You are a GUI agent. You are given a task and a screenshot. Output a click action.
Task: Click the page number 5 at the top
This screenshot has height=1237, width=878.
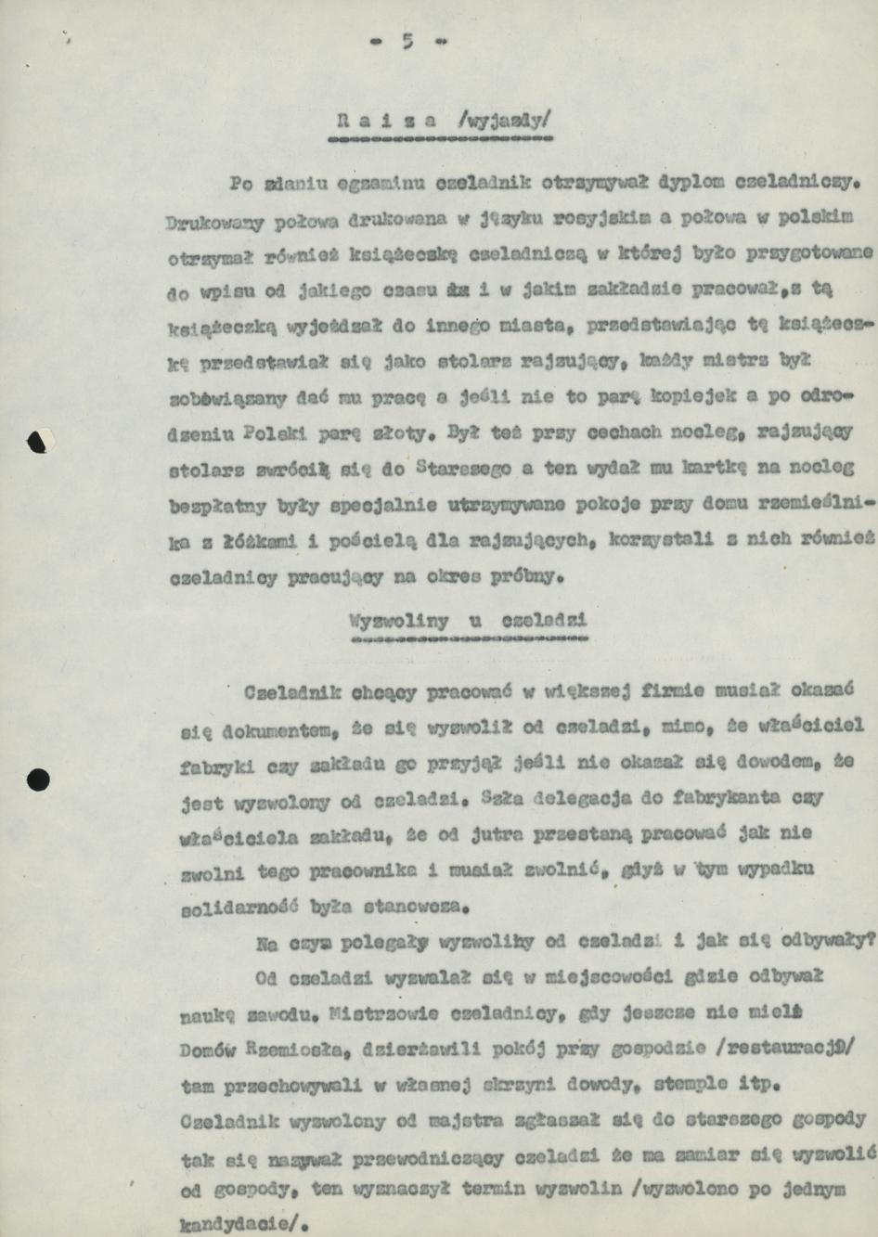[407, 41]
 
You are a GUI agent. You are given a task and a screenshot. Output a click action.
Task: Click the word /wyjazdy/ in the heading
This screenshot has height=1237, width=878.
[505, 120]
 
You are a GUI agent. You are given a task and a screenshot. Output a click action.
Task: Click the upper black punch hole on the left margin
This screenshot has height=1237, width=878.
[38, 442]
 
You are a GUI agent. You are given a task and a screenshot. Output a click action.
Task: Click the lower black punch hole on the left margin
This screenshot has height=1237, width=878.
[38, 779]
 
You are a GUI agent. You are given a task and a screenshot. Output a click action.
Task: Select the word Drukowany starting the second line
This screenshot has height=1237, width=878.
[214, 223]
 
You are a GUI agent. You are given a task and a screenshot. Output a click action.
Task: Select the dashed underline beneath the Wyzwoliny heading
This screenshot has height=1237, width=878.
[470, 638]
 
